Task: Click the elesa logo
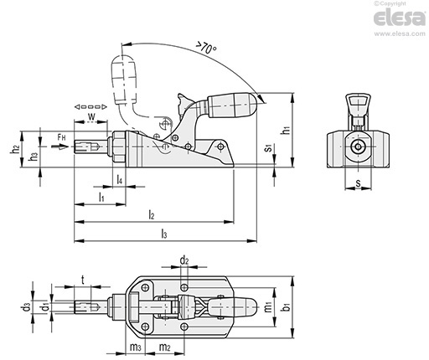[x=400, y=18]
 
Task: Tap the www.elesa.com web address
[x=400, y=33]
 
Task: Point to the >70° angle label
[x=205, y=48]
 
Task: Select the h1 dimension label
[x=286, y=130]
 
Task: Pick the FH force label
[x=61, y=137]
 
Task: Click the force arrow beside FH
[x=59, y=147]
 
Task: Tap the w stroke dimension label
[x=91, y=116]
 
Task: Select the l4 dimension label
[x=119, y=179]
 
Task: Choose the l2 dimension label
[x=152, y=214]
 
